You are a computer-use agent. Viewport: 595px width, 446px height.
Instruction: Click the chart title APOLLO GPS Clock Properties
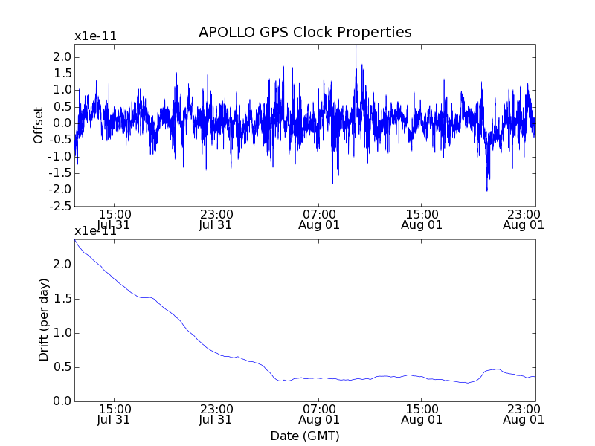pyautogui.click(x=305, y=33)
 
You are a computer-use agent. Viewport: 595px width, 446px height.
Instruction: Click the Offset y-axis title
pyautogui.click(x=39, y=125)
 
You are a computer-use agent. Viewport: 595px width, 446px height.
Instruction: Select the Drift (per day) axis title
pyautogui.click(x=44, y=320)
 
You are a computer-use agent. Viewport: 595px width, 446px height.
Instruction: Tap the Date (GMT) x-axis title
pyautogui.click(x=305, y=436)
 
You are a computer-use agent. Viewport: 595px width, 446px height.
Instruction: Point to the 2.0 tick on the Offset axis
pyautogui.click(x=62, y=57)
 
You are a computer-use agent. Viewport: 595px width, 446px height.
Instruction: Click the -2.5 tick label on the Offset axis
pyautogui.click(x=61, y=206)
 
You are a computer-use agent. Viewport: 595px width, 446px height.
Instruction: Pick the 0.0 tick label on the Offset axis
pyautogui.click(x=62, y=123)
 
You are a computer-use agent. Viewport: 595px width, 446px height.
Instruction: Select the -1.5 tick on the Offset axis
pyautogui.click(x=61, y=173)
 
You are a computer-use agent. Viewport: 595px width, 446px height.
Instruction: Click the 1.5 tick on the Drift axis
pyautogui.click(x=62, y=299)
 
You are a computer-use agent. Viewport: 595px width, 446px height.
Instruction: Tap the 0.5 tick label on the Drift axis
pyautogui.click(x=62, y=367)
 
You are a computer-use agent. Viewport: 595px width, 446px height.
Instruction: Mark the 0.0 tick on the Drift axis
pyautogui.click(x=62, y=401)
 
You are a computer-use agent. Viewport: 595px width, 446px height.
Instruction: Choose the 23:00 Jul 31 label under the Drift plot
pyautogui.click(x=216, y=414)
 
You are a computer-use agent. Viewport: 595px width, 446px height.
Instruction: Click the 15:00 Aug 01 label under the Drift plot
pyautogui.click(x=422, y=414)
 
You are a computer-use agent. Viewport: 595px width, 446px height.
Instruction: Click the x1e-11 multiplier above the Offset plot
pyautogui.click(x=95, y=36)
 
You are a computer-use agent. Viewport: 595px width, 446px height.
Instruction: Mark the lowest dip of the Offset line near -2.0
pyautogui.click(x=487, y=190)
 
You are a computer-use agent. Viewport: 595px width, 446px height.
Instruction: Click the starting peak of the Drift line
pyautogui.click(x=75, y=240)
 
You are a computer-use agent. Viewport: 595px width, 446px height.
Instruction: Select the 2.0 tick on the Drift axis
pyautogui.click(x=62, y=265)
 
